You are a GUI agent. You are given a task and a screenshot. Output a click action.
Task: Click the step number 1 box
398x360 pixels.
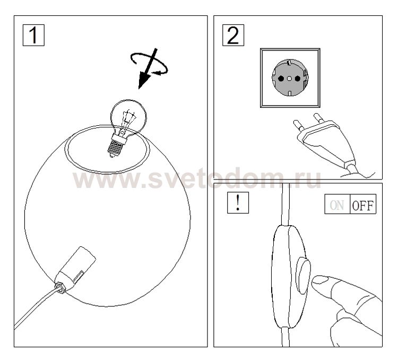point(33,36)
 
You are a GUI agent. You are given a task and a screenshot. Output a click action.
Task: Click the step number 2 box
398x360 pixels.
point(233,36)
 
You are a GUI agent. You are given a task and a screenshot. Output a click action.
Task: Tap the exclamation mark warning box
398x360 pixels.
point(238,202)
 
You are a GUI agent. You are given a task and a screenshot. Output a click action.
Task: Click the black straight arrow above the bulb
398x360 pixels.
point(148,68)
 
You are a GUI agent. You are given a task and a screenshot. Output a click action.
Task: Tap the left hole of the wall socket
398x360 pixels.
point(281,79)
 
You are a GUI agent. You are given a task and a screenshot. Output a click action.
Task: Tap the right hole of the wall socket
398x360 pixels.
point(298,78)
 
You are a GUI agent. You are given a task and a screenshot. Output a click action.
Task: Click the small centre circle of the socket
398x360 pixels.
point(289,79)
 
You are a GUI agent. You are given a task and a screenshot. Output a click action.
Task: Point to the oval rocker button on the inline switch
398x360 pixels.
point(304,276)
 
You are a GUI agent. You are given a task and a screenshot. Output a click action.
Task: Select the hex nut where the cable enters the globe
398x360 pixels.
point(60,288)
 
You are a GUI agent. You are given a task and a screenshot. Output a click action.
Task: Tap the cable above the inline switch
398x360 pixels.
point(286,204)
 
